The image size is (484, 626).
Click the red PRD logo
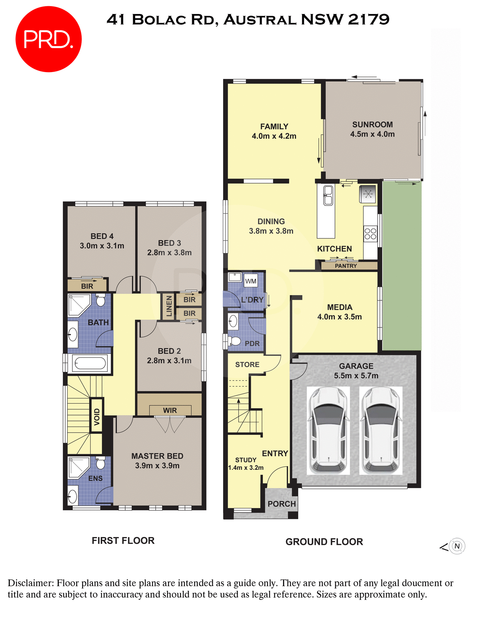[x=48, y=39]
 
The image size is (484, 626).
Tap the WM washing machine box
[x=250, y=281]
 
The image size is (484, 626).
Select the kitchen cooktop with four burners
[x=370, y=234]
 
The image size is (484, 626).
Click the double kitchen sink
[x=328, y=195]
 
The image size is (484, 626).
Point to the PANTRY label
[x=346, y=266]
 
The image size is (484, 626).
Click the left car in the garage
[x=328, y=430]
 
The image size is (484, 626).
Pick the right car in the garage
[x=381, y=430]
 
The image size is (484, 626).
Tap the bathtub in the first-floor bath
[x=90, y=363]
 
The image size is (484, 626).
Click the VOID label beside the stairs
[x=97, y=417]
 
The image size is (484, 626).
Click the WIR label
[x=170, y=410]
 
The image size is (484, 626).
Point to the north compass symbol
[x=457, y=546]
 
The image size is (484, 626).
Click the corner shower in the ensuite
[x=79, y=467]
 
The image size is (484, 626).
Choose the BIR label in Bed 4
[x=87, y=286]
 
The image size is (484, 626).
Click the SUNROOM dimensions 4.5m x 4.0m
[x=372, y=134]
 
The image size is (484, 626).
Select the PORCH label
[x=281, y=504]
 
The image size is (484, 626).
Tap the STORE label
[x=247, y=365]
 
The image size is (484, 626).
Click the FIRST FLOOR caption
[x=123, y=541]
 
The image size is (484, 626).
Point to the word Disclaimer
[x=31, y=583]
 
